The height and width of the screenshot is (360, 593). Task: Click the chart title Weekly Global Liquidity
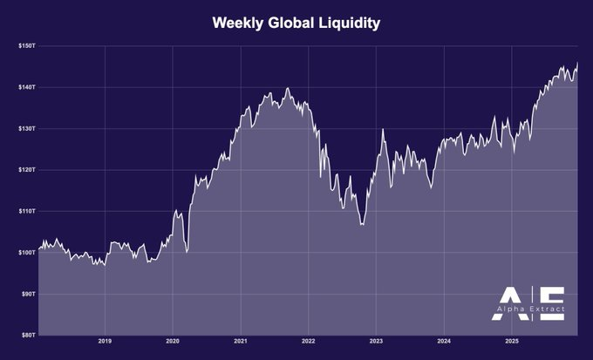tap(296, 23)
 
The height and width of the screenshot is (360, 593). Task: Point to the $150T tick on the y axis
tap(26, 45)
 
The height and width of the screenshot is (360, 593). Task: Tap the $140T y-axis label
tap(26, 87)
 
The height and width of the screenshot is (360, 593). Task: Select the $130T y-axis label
tap(26, 128)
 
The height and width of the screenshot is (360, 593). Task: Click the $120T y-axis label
tap(26, 169)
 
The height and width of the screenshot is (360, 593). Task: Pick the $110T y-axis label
tap(26, 211)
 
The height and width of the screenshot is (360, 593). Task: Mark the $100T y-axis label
tap(26, 252)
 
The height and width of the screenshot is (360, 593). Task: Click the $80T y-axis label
tap(27, 335)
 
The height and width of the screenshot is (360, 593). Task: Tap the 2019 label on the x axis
tap(105, 341)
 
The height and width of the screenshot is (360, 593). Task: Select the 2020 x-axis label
tap(173, 341)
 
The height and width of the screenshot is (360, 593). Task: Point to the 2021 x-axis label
tap(240, 341)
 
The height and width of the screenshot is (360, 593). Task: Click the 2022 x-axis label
tap(308, 341)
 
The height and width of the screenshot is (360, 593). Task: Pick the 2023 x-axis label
tap(375, 341)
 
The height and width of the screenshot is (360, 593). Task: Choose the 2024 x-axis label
tap(443, 341)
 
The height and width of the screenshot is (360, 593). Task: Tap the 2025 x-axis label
tap(511, 341)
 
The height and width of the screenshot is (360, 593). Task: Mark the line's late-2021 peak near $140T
tap(288, 88)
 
